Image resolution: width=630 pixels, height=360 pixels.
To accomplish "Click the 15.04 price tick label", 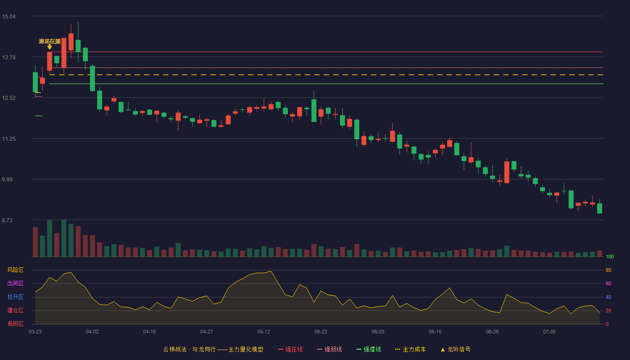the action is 9,17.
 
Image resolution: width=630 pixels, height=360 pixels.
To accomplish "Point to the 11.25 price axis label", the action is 9,139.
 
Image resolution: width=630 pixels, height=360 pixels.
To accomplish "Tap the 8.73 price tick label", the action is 7,220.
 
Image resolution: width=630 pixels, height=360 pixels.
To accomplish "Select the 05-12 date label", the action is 264,332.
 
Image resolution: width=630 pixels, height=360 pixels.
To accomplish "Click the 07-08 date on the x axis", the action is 549,332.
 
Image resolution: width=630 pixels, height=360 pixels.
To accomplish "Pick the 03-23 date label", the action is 35,332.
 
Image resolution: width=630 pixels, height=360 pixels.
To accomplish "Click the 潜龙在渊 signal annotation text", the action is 49,41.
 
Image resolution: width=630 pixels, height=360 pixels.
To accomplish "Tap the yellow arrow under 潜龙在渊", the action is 49,47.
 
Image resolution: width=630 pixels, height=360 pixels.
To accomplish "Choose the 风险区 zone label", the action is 15,270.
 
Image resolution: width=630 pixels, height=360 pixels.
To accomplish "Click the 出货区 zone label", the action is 15,283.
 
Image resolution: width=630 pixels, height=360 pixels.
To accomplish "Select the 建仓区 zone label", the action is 15,310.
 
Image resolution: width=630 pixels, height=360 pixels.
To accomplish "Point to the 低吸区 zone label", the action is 15,324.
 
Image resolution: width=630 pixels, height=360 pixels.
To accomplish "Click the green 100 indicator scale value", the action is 610,256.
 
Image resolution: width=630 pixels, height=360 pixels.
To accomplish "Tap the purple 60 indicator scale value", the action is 608,283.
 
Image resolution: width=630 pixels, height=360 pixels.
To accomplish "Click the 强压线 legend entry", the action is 290,349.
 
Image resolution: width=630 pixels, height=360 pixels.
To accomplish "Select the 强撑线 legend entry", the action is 369,349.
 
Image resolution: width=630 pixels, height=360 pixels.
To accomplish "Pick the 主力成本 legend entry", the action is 410,349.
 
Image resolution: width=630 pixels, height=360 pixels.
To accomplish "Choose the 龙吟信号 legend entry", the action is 455,349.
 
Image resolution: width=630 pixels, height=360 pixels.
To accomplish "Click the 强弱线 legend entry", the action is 329,349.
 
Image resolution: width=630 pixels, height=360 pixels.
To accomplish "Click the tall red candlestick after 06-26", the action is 507,172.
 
